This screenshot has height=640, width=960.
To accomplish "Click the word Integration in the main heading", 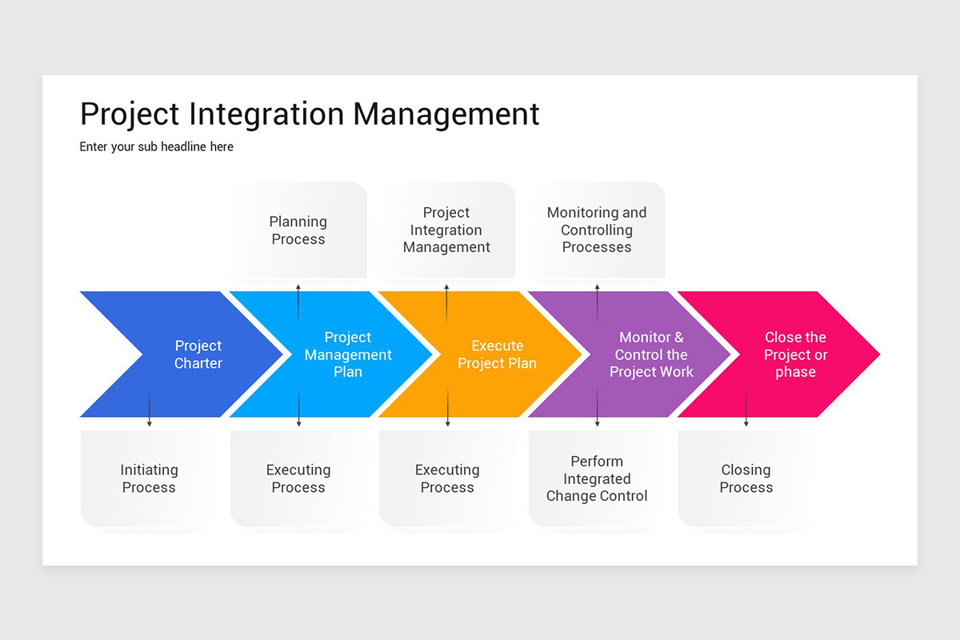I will [269, 114].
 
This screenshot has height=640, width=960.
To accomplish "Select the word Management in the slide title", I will [446, 114].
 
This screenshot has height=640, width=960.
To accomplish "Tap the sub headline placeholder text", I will [157, 147].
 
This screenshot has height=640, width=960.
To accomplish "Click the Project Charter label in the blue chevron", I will [198, 354].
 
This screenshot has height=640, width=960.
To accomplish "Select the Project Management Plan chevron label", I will [348, 354].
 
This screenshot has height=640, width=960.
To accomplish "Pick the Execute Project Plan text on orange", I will [497, 354].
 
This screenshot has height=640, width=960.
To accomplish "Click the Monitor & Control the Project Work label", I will [651, 354].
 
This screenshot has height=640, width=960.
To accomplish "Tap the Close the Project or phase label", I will [795, 354].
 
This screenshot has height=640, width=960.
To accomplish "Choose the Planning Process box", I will [298, 230].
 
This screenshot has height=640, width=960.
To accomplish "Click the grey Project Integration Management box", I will [446, 230].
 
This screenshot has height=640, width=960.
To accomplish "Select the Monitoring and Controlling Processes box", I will [597, 230].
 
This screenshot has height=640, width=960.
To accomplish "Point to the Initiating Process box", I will [149, 478].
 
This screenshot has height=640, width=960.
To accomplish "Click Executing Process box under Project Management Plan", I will [298, 478].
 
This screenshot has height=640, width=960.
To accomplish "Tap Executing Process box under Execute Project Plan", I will [447, 478].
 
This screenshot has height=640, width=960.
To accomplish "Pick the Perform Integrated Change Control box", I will [597, 478].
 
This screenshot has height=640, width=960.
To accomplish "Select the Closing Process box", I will [746, 478].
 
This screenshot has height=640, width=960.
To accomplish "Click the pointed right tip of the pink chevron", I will [877, 354].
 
